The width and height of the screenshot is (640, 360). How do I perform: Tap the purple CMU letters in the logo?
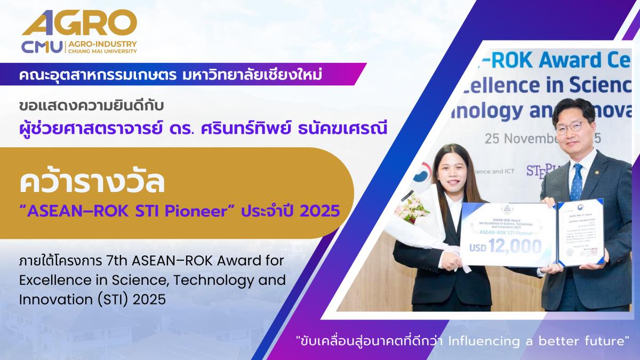pos(42,46)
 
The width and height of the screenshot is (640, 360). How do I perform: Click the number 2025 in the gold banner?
pos(319,211)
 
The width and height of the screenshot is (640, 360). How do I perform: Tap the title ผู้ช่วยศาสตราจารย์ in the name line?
pos(66,127)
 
